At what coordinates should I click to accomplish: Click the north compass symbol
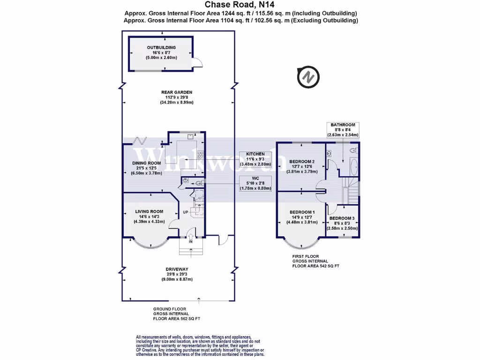(308, 76)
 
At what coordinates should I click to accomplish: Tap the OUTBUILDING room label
(161, 48)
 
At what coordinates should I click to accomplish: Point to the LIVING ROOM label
(149, 211)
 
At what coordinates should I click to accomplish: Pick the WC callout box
(255, 183)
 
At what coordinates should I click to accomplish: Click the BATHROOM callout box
(344, 130)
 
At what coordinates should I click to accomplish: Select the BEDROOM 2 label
(301, 162)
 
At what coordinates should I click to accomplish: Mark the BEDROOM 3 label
(342, 218)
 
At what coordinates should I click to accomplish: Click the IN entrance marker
(191, 242)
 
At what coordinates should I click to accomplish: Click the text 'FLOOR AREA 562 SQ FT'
(176, 318)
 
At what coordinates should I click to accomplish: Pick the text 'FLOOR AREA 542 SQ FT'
(315, 266)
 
